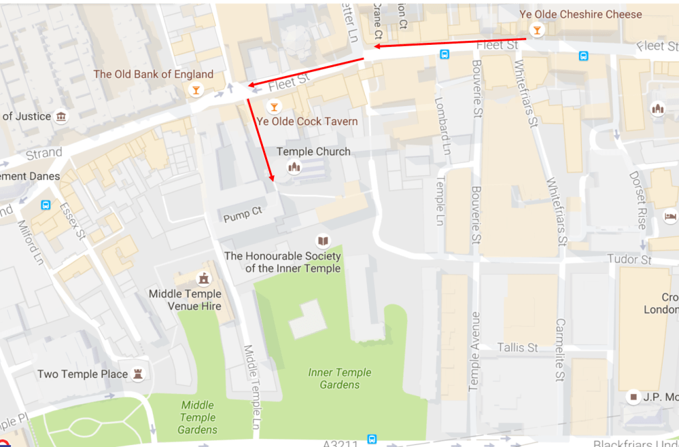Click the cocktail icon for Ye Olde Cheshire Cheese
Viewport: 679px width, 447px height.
pos(537,31)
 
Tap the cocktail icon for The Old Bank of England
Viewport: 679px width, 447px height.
pos(196,90)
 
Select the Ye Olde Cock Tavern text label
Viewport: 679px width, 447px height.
pos(307,122)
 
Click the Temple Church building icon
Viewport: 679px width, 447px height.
pos(294,166)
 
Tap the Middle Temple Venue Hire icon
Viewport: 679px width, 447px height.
pos(203,279)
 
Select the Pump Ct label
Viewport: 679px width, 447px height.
pos(243,214)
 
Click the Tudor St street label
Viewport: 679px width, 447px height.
pos(629,260)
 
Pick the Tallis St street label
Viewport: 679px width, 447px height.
pos(517,347)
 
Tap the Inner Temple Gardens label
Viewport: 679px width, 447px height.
pos(340,378)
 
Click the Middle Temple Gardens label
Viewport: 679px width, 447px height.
pos(197,417)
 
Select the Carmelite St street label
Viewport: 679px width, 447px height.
pos(561,350)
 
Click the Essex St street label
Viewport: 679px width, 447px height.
pos(72,220)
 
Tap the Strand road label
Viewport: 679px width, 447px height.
pos(43,154)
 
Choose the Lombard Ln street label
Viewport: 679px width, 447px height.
pos(445,126)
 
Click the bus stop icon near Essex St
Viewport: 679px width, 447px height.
pos(46,204)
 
